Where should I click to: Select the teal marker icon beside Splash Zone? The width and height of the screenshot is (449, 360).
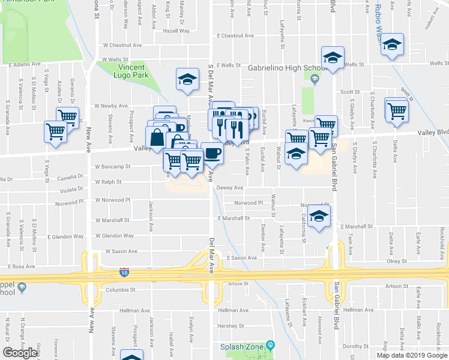[x=271, y=345]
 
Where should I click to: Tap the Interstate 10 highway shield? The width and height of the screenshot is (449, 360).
[x=124, y=272]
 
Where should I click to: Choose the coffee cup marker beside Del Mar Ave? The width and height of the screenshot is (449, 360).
[x=211, y=153]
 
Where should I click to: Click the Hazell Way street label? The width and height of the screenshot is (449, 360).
[x=176, y=30]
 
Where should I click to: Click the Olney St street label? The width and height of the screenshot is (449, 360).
[x=397, y=261]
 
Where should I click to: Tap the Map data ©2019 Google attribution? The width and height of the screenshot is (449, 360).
[x=412, y=355]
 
